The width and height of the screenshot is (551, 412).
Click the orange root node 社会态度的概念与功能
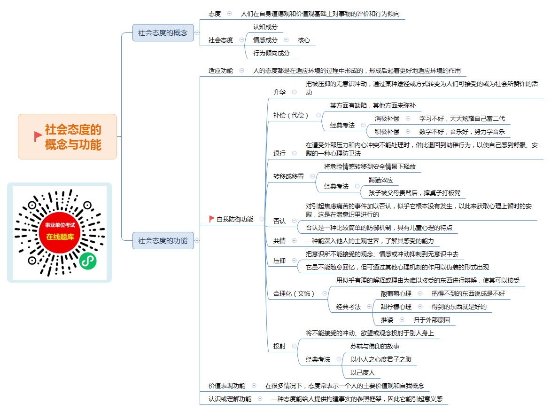(68, 136)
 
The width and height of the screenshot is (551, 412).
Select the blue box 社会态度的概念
(163, 33)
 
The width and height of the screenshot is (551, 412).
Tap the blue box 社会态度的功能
(163, 241)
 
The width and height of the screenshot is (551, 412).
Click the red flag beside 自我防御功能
(211, 219)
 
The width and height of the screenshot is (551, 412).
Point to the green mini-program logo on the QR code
(88, 261)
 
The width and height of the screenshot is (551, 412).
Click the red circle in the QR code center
(60, 232)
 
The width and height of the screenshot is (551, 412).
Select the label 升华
(279, 92)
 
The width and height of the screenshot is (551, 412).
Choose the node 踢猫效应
(381, 180)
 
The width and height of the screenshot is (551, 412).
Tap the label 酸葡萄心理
(396, 293)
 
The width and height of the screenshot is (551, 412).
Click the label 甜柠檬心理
(396, 307)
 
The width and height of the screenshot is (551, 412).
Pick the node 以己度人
(362, 372)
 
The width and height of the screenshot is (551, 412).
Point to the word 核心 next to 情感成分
(304, 40)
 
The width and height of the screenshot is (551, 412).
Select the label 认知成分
(265, 27)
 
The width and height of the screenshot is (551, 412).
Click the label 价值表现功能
(227, 386)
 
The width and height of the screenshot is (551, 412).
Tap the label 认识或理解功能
(230, 399)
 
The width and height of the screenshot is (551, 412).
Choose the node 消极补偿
(387, 119)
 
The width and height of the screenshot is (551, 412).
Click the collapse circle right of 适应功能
(242, 71)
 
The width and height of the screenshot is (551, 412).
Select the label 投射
(279, 346)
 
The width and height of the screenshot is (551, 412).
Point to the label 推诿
(387, 320)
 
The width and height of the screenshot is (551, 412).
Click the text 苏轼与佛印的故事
(374, 346)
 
